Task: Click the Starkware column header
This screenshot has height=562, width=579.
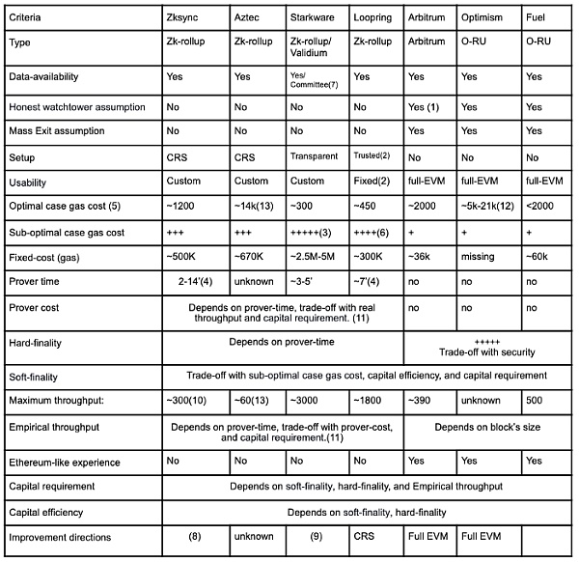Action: click(x=314, y=17)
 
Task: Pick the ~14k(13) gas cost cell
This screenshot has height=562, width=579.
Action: click(x=254, y=206)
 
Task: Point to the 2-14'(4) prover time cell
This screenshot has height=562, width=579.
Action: click(x=197, y=281)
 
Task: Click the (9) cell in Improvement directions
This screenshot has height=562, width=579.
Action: click(x=314, y=536)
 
